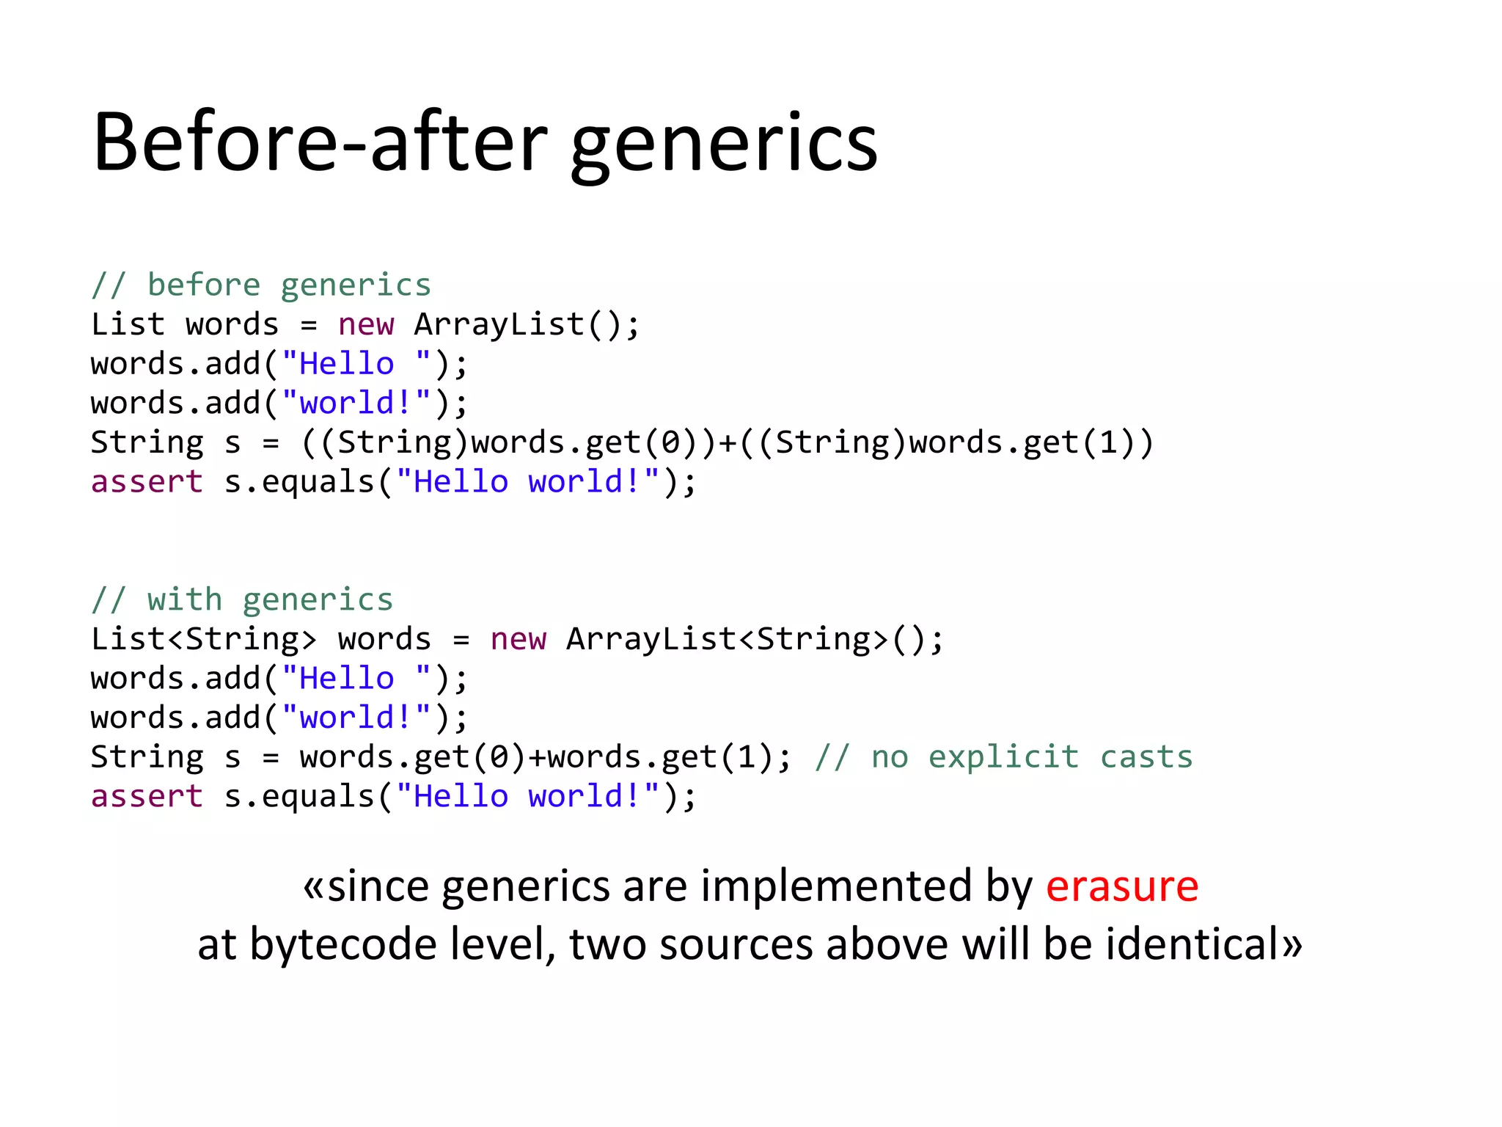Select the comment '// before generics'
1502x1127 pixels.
[x=260, y=285]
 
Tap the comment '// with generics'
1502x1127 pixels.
[x=241, y=599]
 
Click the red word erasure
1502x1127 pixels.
[x=1121, y=886]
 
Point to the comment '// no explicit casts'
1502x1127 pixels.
[x=1003, y=756]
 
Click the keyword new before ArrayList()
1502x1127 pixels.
[x=365, y=324]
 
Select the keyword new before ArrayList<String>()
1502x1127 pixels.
[x=518, y=639]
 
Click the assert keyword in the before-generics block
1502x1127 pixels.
[x=147, y=482]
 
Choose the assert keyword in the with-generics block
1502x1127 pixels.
[x=147, y=796]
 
